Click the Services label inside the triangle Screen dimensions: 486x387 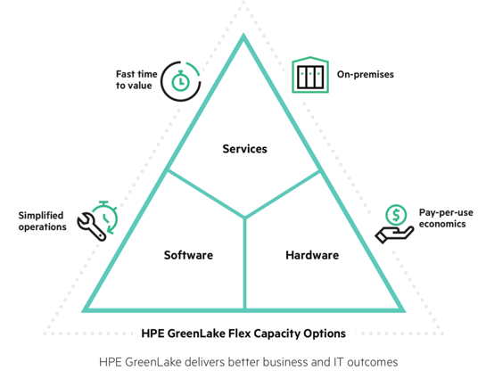244,149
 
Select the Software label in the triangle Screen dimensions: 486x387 188,255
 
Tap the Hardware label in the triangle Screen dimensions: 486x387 312,255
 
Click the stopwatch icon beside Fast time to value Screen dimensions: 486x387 180,81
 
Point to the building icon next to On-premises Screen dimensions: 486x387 310,75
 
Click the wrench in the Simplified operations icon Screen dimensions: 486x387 91,226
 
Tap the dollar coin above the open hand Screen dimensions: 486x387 396,215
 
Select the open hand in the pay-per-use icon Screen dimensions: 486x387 394,234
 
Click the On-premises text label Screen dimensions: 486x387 366,74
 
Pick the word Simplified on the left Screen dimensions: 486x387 41,216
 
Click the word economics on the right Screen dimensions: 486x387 442,224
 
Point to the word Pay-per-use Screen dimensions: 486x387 446,213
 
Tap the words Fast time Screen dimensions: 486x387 136,74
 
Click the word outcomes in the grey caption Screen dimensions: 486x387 372,362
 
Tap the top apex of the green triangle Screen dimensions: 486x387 243,36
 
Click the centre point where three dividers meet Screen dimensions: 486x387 244,218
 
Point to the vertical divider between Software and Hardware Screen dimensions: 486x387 244,263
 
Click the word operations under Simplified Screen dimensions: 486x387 43,227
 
